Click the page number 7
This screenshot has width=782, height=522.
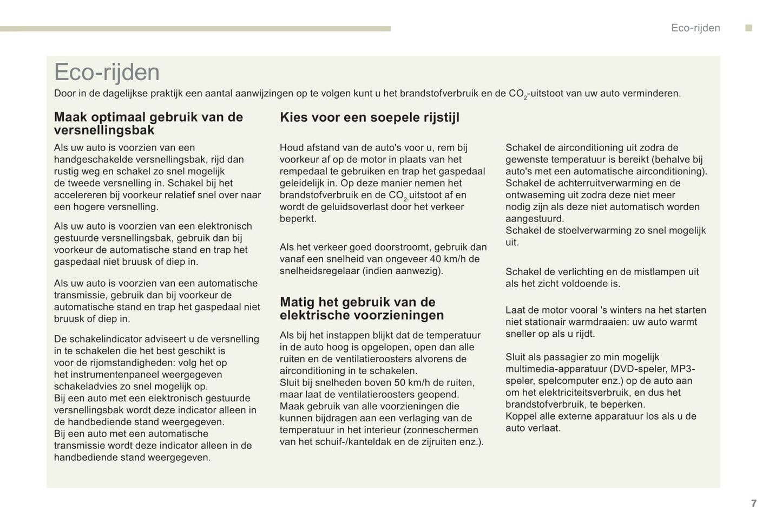click(753, 503)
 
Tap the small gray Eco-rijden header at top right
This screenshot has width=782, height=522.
click(695, 28)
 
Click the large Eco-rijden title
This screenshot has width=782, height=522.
click(107, 72)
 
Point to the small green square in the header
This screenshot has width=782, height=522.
click(748, 28)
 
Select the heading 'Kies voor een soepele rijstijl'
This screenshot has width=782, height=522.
click(369, 118)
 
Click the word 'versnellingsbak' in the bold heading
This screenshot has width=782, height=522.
click(104, 130)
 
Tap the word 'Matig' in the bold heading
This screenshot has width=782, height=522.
click(297, 302)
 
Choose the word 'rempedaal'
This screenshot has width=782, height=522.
click(304, 171)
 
